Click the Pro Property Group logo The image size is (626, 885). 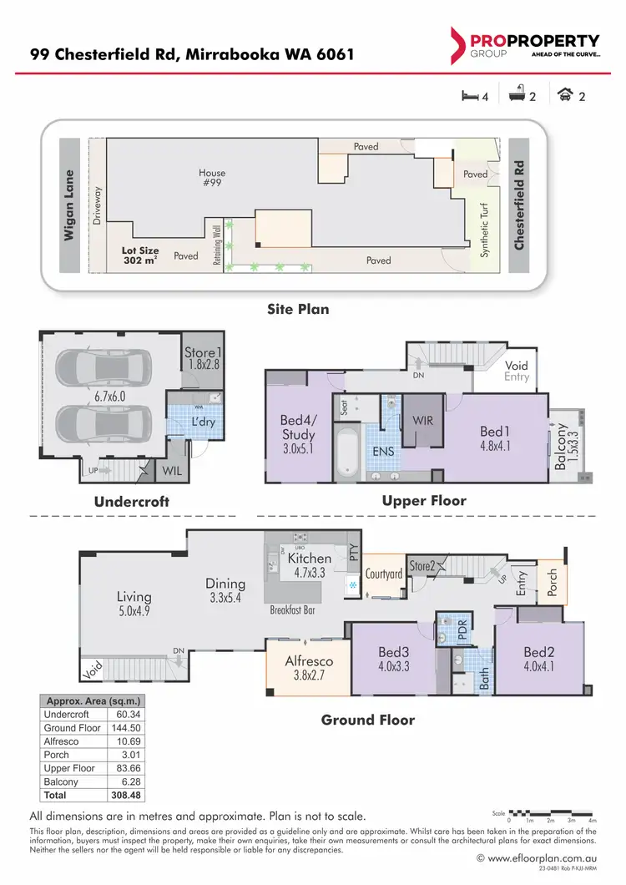(x=524, y=45)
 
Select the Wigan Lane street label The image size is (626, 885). (x=70, y=206)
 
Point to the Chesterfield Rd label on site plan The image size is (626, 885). (x=520, y=206)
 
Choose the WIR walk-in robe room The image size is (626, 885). (x=422, y=420)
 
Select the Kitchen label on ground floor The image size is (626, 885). (x=310, y=558)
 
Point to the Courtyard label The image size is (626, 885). (x=385, y=574)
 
